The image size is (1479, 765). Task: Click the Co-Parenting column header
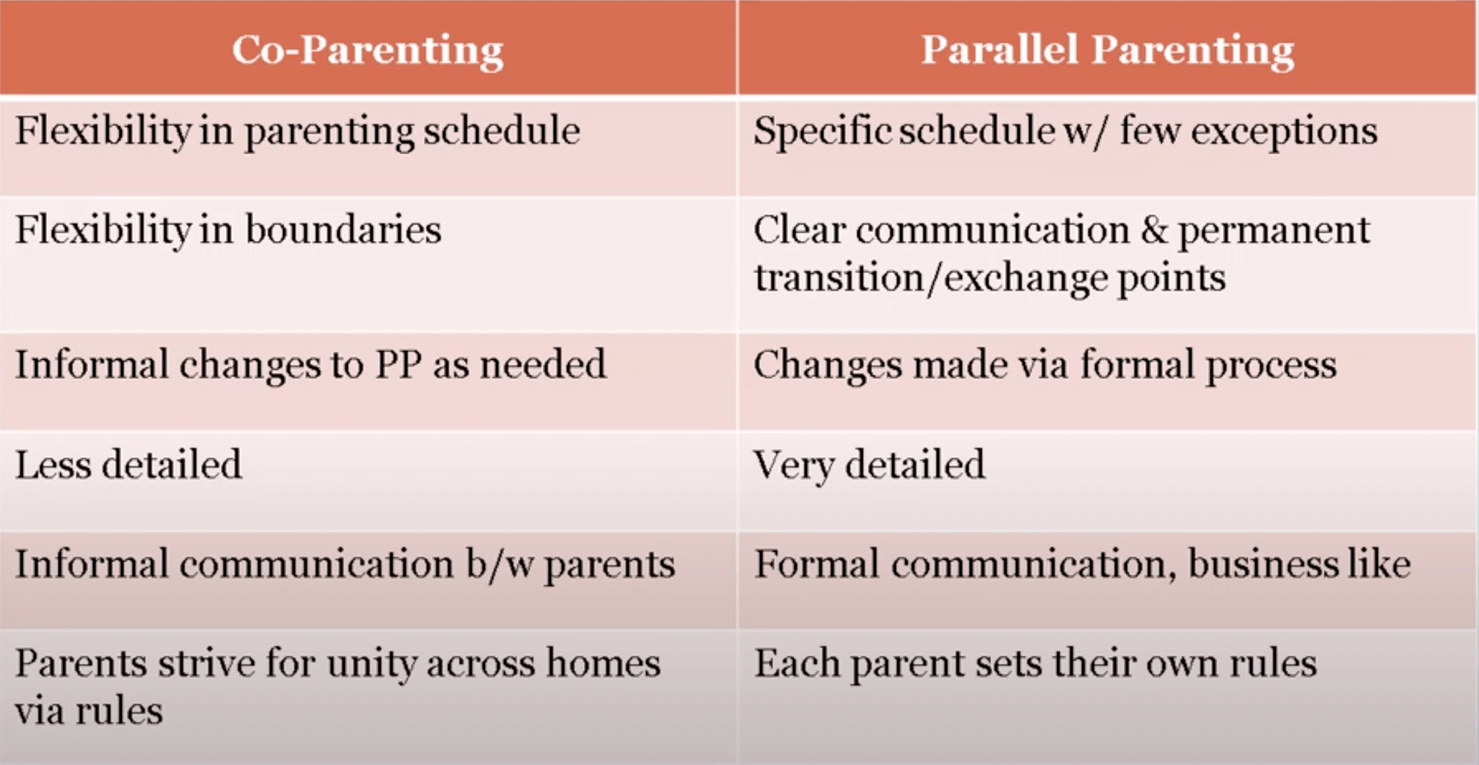click(x=368, y=50)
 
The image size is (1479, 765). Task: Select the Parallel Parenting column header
click(x=1107, y=50)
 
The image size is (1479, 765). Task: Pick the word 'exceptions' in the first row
click(x=1284, y=132)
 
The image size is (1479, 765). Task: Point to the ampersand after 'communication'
click(x=1154, y=231)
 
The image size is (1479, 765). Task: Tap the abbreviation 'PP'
click(x=398, y=365)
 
